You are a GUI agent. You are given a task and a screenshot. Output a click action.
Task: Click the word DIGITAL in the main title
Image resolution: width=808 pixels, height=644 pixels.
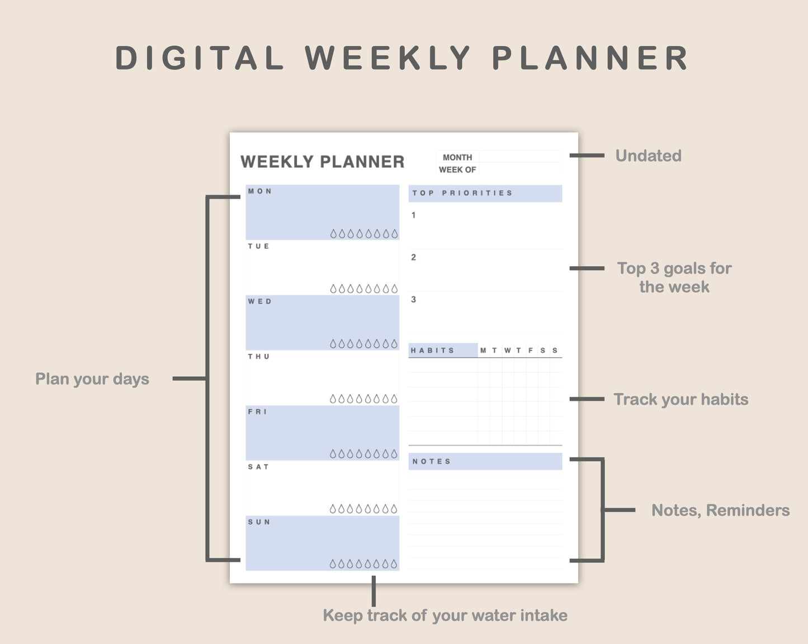(x=200, y=58)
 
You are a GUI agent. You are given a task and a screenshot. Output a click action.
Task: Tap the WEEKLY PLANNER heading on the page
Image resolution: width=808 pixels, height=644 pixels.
(x=322, y=162)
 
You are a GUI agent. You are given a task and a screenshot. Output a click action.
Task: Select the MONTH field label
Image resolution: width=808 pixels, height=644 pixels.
(x=457, y=158)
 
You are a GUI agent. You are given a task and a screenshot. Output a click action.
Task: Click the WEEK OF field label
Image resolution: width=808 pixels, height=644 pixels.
(x=457, y=169)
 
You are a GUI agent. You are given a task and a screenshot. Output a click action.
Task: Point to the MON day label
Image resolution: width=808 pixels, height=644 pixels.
(x=260, y=191)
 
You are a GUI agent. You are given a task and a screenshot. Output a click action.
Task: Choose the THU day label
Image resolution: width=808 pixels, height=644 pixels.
(x=259, y=357)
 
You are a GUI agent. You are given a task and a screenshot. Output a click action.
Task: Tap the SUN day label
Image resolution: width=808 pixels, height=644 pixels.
(x=259, y=522)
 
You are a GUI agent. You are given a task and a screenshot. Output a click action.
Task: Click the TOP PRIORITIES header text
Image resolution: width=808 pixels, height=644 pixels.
(x=462, y=193)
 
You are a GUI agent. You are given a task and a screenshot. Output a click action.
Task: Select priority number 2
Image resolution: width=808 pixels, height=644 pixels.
(x=413, y=257)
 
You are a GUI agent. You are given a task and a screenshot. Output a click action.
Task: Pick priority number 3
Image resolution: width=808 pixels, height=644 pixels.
(x=413, y=300)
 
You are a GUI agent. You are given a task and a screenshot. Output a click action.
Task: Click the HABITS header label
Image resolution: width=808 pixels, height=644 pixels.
(x=432, y=351)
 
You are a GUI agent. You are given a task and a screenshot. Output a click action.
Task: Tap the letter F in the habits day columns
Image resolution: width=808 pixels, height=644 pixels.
(x=531, y=351)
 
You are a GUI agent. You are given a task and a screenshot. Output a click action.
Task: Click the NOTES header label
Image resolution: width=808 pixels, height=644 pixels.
(x=431, y=461)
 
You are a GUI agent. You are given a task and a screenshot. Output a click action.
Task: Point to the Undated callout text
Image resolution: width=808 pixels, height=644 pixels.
(x=648, y=156)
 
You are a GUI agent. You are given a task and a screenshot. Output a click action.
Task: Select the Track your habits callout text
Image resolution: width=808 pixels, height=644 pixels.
(x=681, y=399)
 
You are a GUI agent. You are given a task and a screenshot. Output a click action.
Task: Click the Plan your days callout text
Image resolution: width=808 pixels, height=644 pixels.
(x=92, y=379)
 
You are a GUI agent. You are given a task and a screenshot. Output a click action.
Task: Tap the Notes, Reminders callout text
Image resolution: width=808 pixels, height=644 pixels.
(x=720, y=510)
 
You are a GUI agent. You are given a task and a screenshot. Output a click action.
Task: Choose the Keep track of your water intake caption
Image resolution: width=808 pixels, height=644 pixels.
(x=445, y=615)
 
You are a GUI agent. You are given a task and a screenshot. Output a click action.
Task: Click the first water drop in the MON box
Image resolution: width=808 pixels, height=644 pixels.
(x=333, y=234)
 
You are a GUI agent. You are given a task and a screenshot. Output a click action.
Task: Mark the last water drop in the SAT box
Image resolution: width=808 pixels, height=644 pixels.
(x=394, y=509)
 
